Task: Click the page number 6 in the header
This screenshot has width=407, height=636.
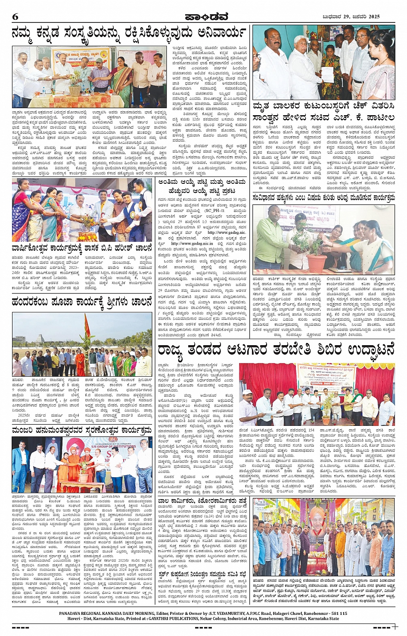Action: point(15,16)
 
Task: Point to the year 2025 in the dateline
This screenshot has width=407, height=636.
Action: point(374,17)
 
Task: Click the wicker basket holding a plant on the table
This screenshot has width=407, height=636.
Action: point(75,91)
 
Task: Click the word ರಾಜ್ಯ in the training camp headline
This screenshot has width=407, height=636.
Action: point(173,349)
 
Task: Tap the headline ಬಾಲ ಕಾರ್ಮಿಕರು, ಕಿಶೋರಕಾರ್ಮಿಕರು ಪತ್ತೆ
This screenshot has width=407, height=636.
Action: point(202,501)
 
